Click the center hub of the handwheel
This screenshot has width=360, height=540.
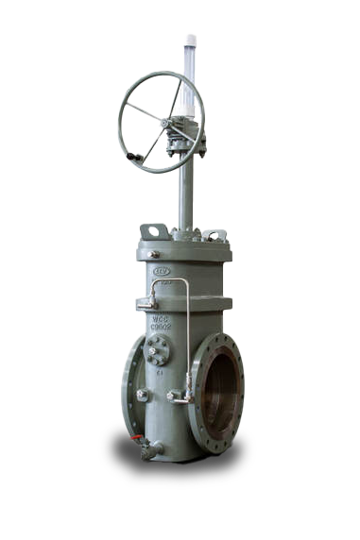click(165, 123)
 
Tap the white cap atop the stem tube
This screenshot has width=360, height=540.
click(190, 41)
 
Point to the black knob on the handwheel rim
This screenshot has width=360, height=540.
click(131, 156)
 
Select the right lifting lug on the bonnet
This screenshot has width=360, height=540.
click(214, 233)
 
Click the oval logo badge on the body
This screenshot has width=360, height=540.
click(162, 271)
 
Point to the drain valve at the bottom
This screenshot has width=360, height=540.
click(149, 451)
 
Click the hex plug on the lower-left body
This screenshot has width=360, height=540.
click(142, 395)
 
